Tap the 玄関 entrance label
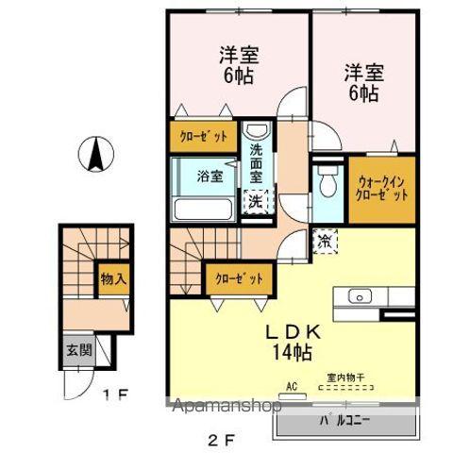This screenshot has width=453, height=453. (77, 350)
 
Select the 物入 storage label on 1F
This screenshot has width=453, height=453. (114, 279)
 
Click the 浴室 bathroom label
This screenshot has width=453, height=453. (210, 176)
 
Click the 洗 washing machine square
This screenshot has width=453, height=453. (255, 199)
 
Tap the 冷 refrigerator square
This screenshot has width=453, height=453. (325, 241)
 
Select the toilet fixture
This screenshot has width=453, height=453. (327, 179)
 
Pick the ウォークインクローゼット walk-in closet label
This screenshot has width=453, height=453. (382, 188)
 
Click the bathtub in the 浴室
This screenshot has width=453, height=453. (203, 208)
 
